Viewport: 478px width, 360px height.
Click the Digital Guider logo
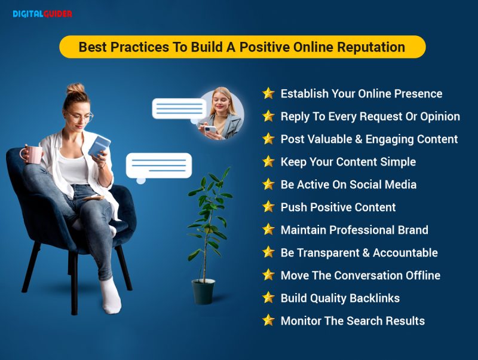click(x=42, y=14)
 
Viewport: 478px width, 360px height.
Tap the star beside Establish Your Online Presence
click(x=268, y=93)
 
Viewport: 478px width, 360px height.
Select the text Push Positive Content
click(x=338, y=208)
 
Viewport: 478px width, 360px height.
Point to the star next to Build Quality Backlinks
click(x=268, y=298)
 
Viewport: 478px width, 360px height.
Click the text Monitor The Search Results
click(x=353, y=321)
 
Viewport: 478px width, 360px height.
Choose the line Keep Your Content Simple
click(x=348, y=162)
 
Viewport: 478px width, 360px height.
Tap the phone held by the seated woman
click(x=99, y=146)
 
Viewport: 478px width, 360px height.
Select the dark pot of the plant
click(x=203, y=291)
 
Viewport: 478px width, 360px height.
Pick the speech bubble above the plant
click(x=158, y=166)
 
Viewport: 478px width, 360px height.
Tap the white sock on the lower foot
click(x=110, y=296)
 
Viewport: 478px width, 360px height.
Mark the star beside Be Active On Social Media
click(x=268, y=184)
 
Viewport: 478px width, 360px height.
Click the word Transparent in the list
click(x=329, y=253)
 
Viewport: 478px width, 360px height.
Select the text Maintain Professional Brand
click(x=354, y=230)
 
